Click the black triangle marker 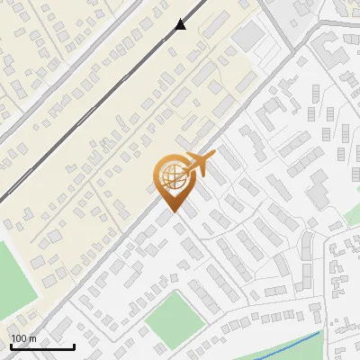(181, 24)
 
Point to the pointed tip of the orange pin (172, 212)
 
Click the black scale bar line (42, 346)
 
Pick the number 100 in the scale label (19, 337)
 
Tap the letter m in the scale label (31, 337)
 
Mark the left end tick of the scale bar (12, 345)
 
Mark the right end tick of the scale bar (74, 345)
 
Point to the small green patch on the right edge (353, 216)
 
